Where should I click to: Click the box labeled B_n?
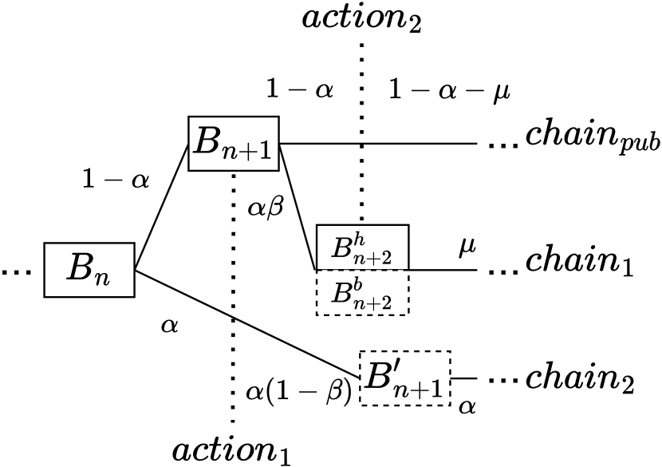88,271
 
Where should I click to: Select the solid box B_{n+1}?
234,144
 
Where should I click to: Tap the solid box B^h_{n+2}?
362,247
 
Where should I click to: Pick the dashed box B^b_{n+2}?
362,291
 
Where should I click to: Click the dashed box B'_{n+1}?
405,377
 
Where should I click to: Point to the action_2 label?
361,18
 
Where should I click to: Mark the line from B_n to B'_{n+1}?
247,323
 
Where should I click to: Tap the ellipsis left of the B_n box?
15,272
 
